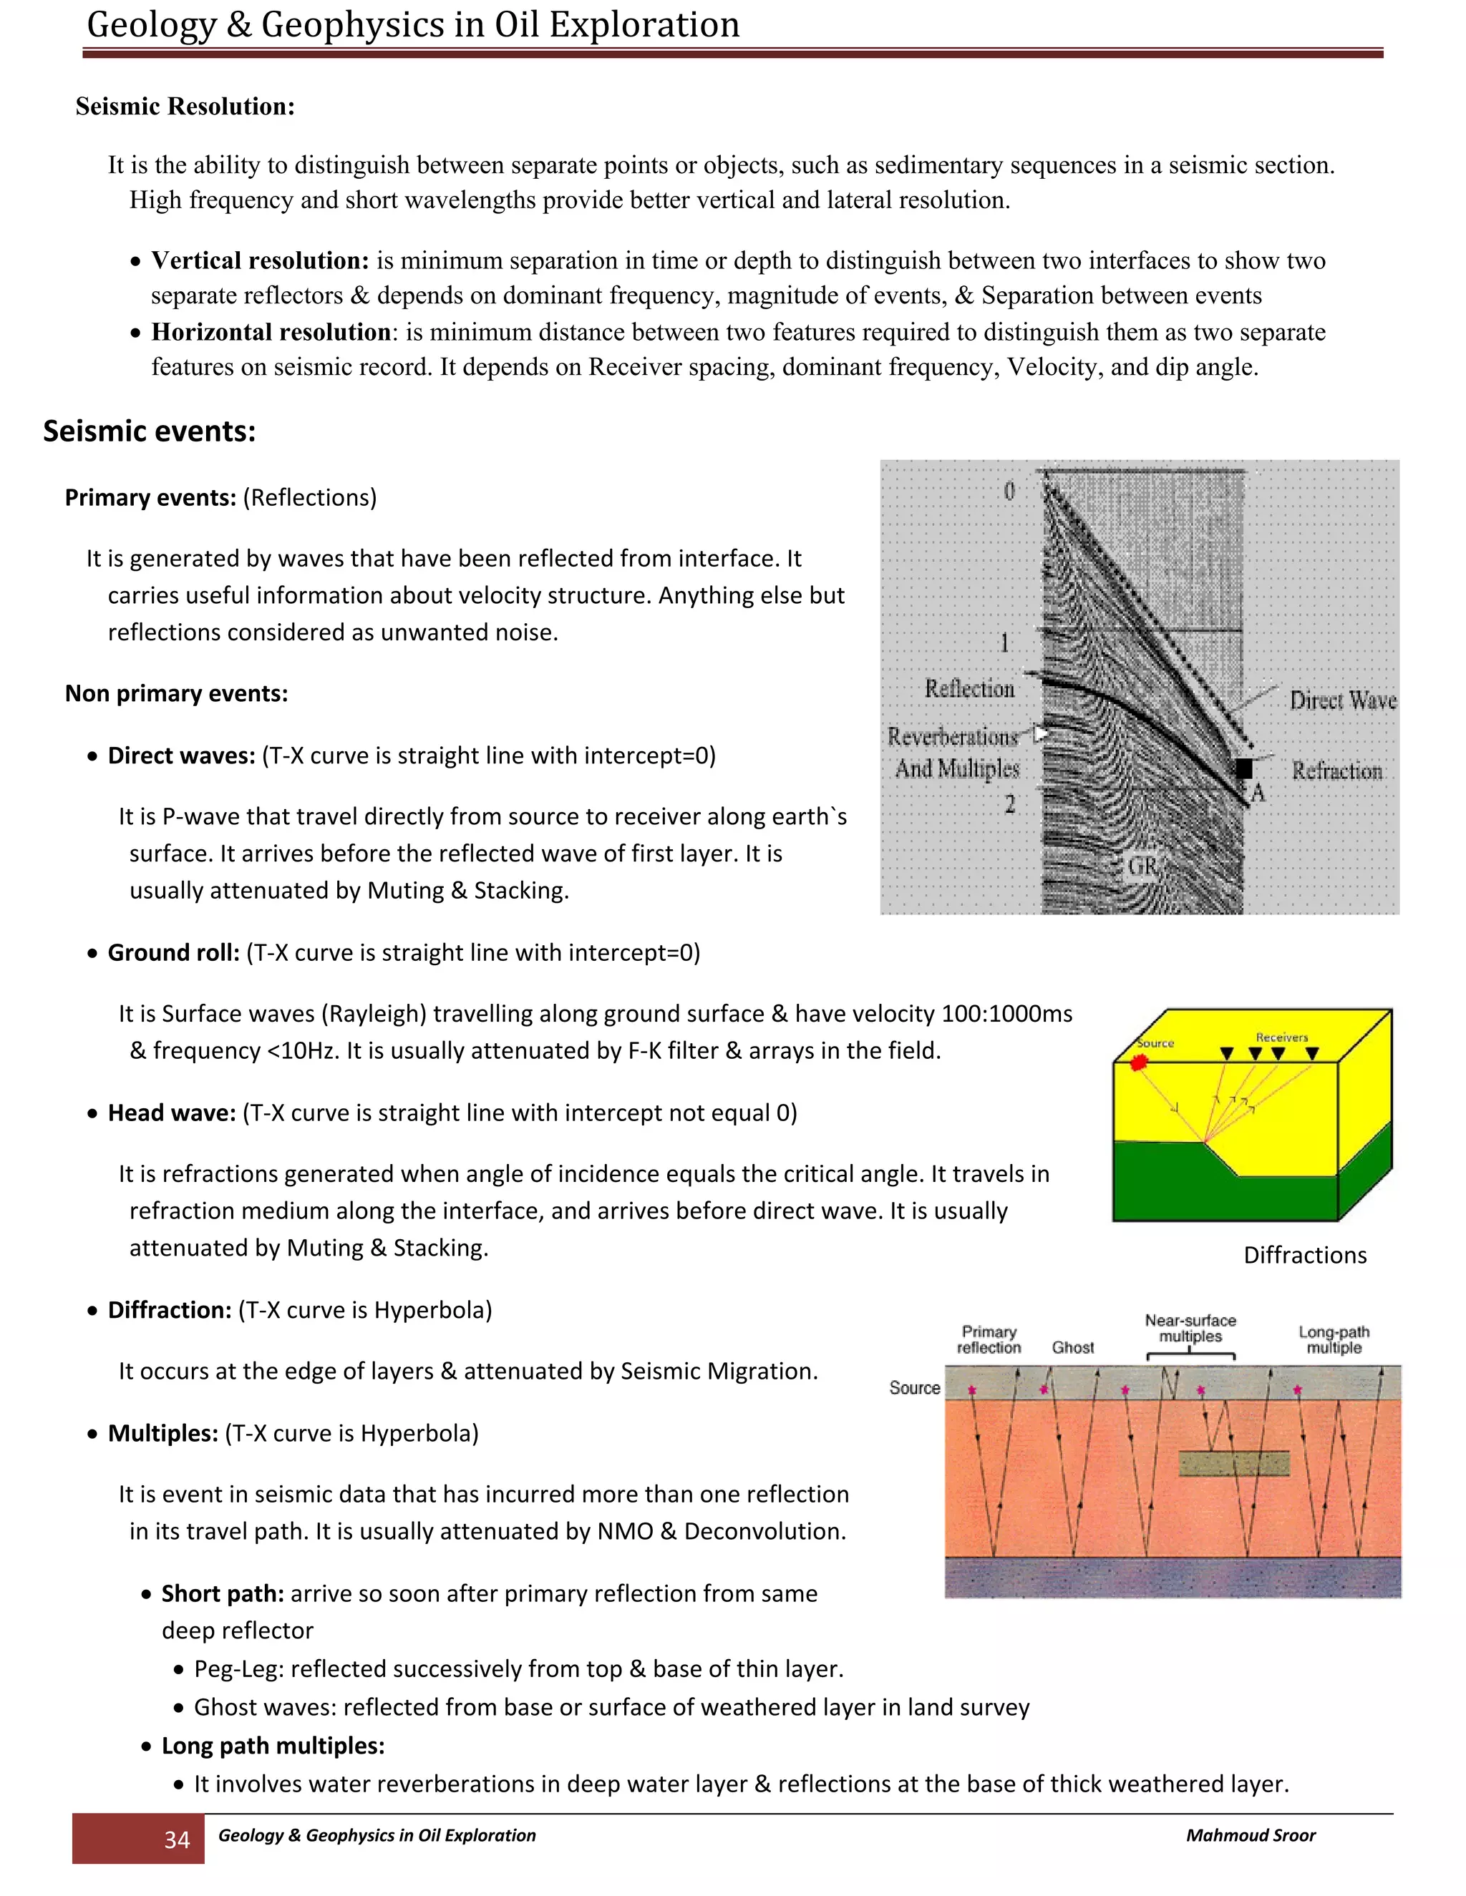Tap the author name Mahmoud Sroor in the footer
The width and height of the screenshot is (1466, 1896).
(1250, 1834)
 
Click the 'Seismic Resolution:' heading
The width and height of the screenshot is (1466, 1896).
(185, 106)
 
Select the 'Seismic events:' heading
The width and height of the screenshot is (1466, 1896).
(150, 431)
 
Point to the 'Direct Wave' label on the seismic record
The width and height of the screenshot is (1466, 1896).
(1342, 700)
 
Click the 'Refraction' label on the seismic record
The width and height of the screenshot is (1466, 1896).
(1336, 771)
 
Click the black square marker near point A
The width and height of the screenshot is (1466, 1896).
(1243, 768)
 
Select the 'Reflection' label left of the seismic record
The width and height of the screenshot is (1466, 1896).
(969, 688)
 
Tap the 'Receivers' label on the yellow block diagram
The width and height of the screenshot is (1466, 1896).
(1281, 1037)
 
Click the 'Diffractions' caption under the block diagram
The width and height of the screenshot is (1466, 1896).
(1304, 1256)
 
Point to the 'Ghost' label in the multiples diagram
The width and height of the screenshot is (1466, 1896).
(1072, 1347)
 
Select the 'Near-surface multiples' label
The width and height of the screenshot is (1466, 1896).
(1190, 1328)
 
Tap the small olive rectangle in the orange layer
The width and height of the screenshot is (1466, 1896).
(1234, 1464)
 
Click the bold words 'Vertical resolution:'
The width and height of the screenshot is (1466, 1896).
(260, 260)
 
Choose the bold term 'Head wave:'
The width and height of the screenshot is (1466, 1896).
(171, 1113)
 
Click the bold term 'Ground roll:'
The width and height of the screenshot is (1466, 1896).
(173, 953)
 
